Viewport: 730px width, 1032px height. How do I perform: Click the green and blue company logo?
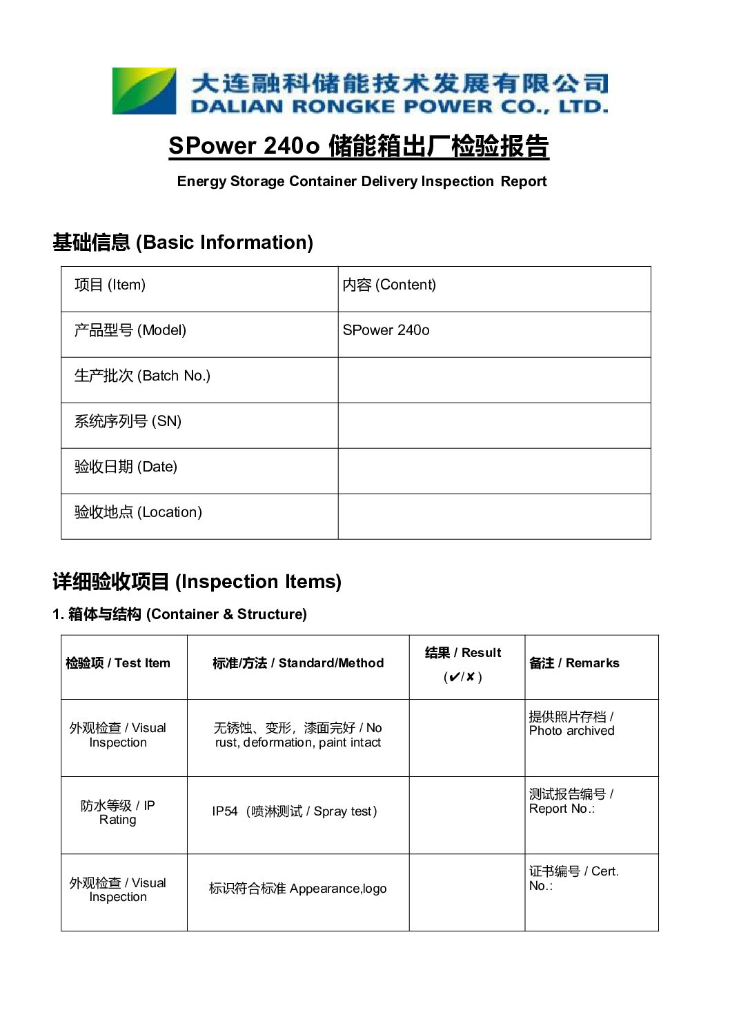coord(144,90)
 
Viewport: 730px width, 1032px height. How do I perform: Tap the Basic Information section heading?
coord(183,243)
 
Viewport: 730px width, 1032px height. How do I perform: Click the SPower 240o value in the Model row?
coord(386,331)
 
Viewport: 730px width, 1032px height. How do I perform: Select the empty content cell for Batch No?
coord(493,380)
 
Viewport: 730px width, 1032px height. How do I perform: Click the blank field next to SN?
coord(493,425)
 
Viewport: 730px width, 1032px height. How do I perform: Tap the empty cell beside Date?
coord(493,471)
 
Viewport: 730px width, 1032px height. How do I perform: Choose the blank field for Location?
coord(493,516)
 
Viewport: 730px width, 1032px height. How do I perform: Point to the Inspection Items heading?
coord(197,582)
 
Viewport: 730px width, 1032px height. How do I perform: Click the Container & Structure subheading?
coord(179,614)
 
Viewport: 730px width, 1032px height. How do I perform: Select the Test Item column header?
coord(118,663)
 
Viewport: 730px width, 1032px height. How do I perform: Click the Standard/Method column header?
coord(298,663)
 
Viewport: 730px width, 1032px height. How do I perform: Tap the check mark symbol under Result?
coord(453,677)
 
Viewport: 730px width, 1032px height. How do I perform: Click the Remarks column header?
coord(574,663)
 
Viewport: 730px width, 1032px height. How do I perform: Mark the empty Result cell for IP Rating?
coord(466,815)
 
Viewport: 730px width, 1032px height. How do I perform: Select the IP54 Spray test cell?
coord(295,811)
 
